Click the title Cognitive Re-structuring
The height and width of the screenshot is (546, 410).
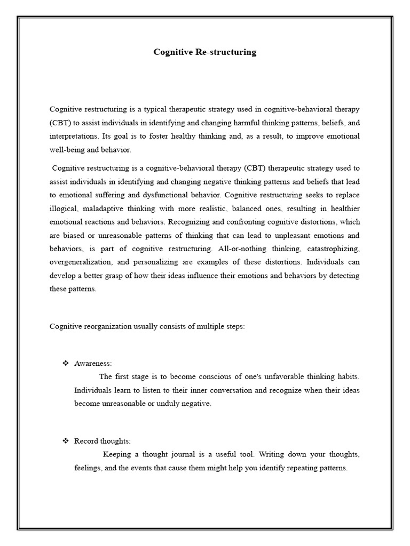click(205, 52)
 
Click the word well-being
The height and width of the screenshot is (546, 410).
click(66, 150)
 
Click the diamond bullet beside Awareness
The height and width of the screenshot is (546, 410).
click(66, 363)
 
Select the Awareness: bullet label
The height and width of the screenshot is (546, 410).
click(93, 363)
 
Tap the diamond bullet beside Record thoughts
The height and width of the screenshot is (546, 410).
click(66, 441)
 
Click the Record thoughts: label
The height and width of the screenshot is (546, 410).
click(102, 441)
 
